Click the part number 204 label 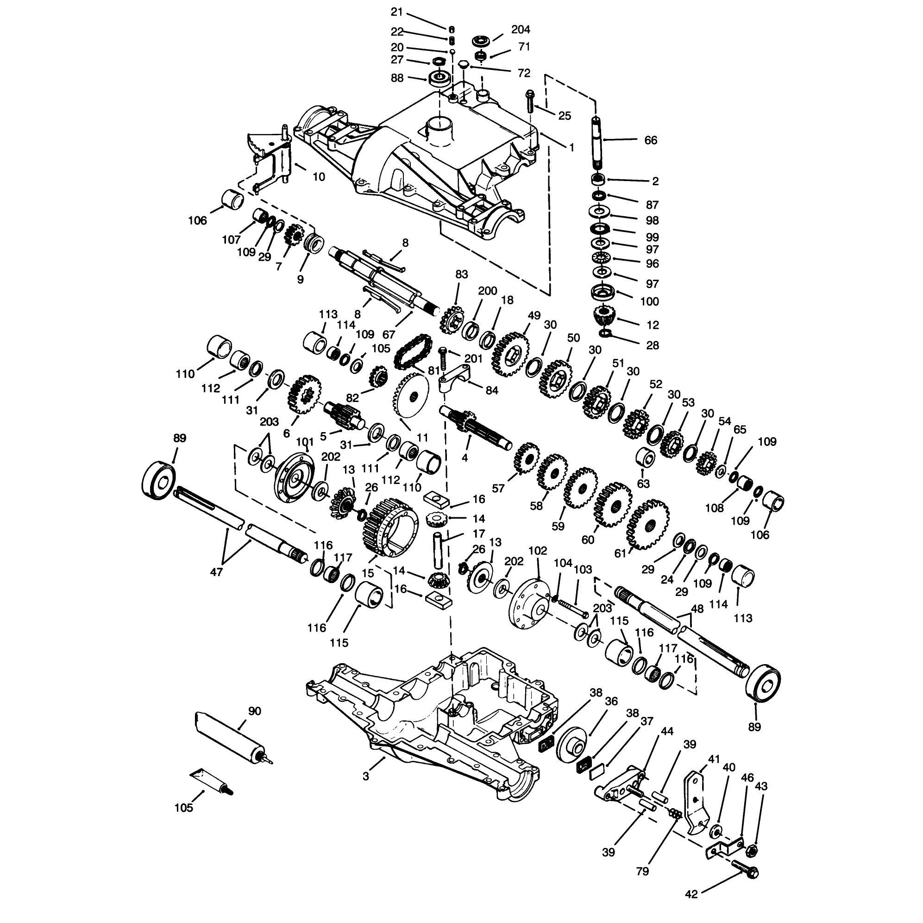click(520, 30)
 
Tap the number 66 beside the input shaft click(651, 140)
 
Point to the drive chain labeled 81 click(412, 352)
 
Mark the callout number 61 click(620, 554)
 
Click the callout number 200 click(487, 291)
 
